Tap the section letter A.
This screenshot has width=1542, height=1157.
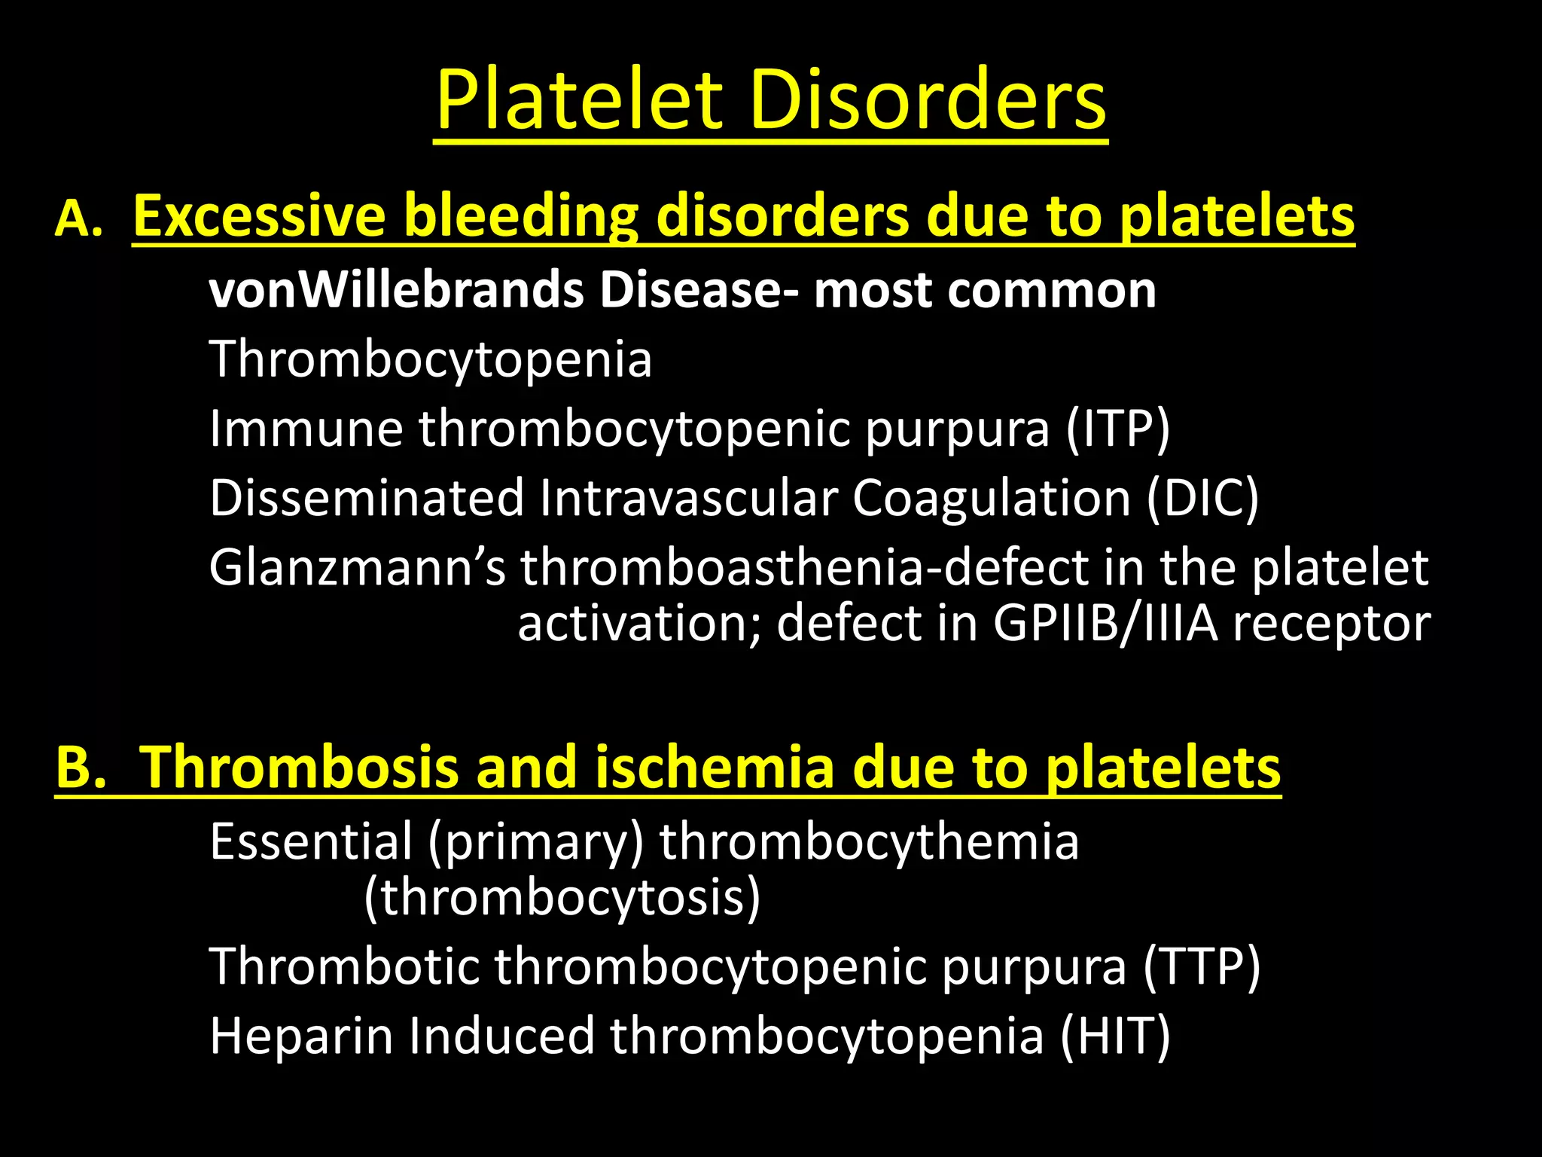point(78,218)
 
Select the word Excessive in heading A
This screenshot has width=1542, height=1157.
point(260,216)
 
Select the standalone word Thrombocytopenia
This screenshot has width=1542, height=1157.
point(431,360)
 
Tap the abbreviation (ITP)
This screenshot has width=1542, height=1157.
point(1118,429)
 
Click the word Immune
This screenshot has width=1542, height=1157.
point(306,429)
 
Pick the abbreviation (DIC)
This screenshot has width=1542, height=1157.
point(1203,499)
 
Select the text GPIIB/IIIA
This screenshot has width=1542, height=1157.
point(1105,624)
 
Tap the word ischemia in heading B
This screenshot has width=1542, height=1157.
point(715,768)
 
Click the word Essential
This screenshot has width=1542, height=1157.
point(311,841)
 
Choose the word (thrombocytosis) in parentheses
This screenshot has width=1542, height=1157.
point(562,898)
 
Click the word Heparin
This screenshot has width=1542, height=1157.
point(301,1036)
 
